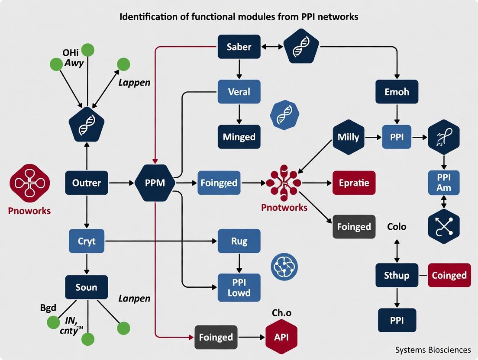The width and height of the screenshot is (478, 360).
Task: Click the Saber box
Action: (239, 46)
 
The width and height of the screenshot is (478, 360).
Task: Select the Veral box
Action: (239, 92)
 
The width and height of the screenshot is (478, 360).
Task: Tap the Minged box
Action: (239, 137)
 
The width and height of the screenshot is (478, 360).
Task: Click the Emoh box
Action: (396, 91)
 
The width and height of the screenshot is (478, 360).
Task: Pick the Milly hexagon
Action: (348, 137)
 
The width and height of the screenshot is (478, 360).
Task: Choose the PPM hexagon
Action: (155, 183)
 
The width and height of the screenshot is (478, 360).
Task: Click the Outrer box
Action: (86, 183)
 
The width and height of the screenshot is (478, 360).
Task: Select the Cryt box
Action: (86, 241)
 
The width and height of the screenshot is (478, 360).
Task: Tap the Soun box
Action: (86, 287)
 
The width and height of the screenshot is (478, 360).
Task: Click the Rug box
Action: (239, 241)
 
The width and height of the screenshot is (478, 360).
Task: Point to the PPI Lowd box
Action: (239, 287)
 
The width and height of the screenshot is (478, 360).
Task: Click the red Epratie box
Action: (354, 183)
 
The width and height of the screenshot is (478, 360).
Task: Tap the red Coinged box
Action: (449, 275)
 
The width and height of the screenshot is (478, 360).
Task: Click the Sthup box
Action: (396, 275)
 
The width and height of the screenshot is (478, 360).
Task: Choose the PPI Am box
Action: (443, 182)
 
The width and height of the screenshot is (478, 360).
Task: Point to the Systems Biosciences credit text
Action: (433, 350)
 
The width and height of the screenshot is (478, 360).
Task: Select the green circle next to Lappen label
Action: (123, 64)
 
